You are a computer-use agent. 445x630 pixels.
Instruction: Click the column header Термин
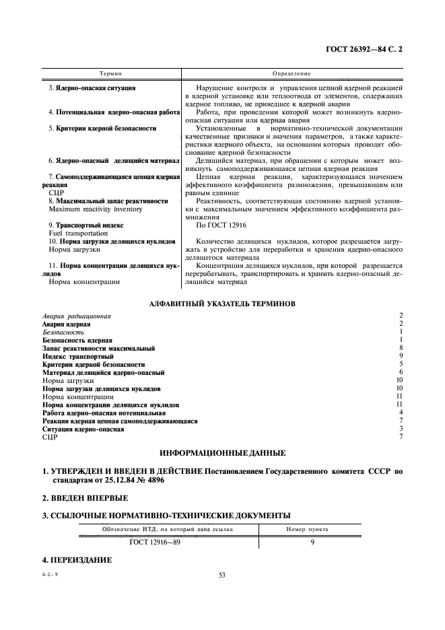click(110, 72)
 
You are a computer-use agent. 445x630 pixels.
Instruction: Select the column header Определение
click(291, 72)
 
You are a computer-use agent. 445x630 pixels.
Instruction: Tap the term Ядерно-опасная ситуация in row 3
click(92, 88)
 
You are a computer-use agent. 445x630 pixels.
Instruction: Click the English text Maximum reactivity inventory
click(92, 209)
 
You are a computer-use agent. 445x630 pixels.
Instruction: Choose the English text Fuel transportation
click(79, 232)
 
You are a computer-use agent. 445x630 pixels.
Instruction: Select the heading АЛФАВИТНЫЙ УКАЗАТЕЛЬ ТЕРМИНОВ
click(221, 304)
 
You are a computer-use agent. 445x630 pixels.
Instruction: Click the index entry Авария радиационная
click(77, 316)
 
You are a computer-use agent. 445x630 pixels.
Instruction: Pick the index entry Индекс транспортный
click(78, 356)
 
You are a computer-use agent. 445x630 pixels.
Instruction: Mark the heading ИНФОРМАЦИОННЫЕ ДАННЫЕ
click(221, 452)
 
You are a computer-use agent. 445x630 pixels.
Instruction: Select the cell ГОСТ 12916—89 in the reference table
click(158, 541)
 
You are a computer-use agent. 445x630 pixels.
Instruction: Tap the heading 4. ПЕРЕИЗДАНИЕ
click(78, 559)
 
